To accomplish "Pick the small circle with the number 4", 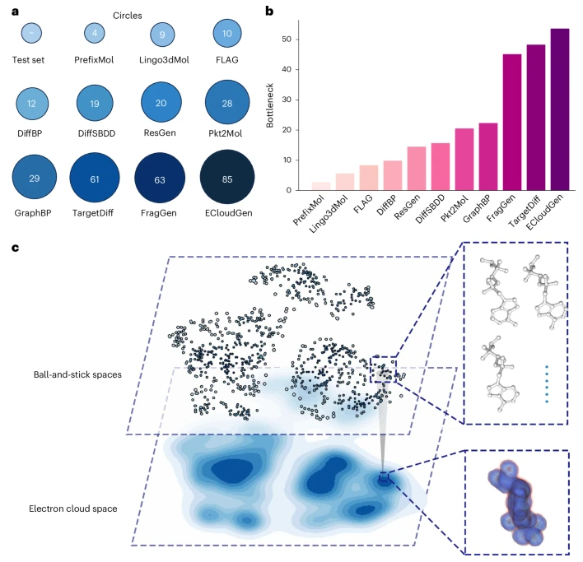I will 96,34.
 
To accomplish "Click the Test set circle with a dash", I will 31,34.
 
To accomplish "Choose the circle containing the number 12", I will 31,104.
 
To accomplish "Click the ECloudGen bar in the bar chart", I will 559,109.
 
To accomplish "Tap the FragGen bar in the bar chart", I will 511,123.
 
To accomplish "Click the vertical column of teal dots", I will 546,383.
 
